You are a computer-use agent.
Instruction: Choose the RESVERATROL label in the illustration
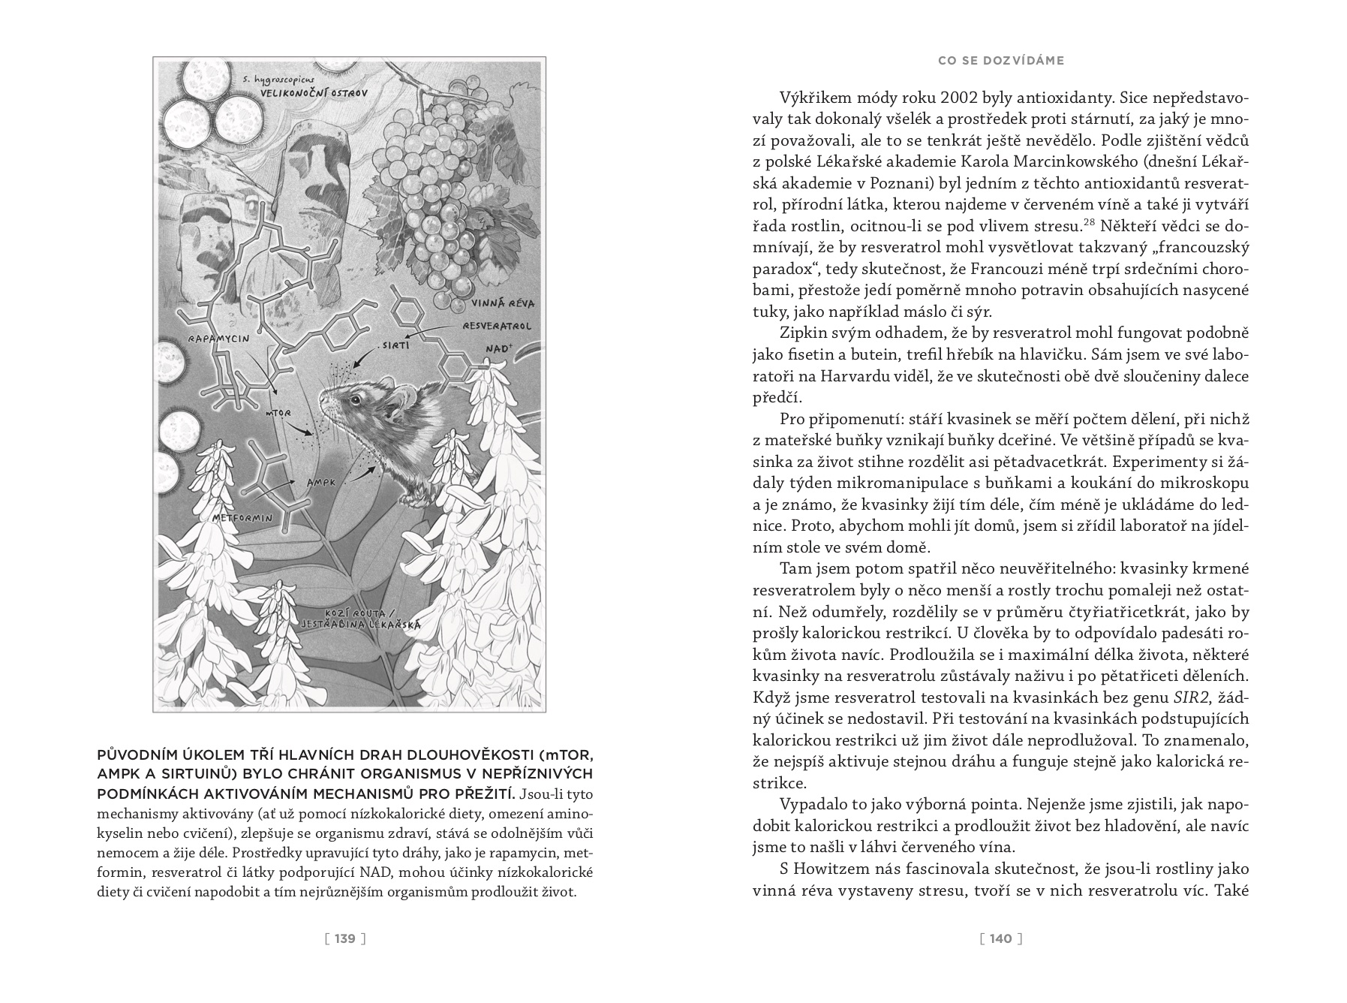coord(497,327)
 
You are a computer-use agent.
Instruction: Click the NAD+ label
coord(498,349)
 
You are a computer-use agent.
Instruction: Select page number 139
coord(344,938)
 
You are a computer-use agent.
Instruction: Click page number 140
coord(1001,938)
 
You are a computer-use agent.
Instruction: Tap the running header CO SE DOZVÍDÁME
coord(1001,61)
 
